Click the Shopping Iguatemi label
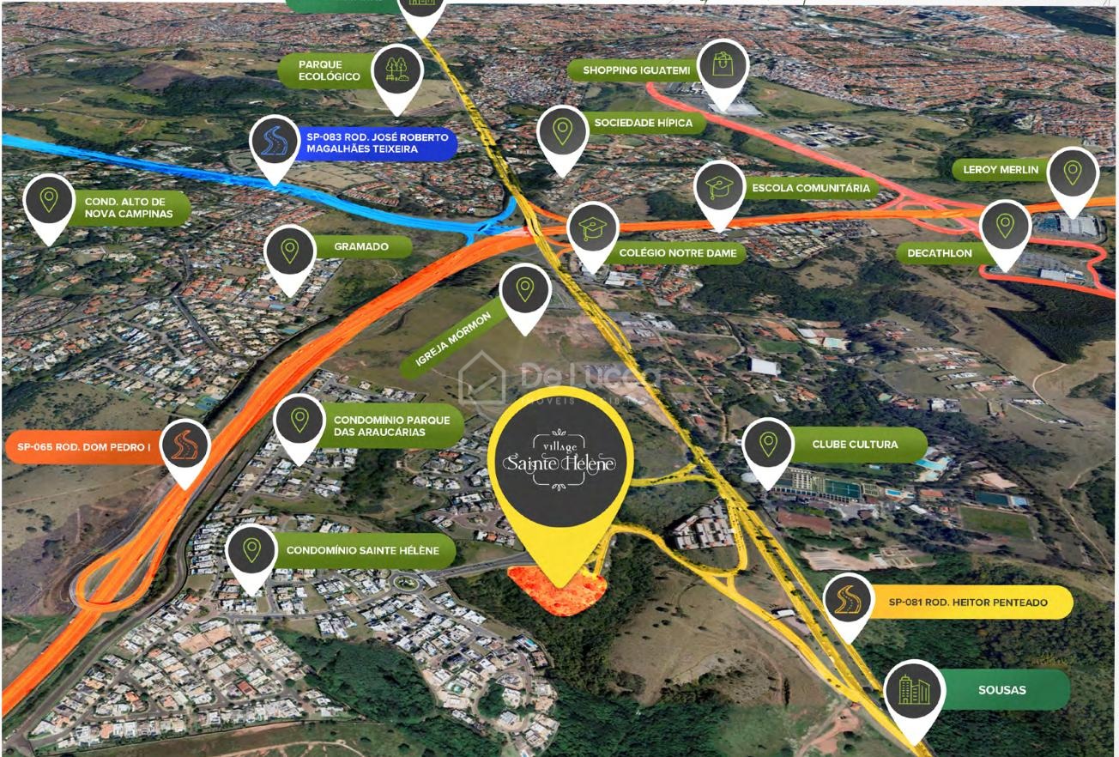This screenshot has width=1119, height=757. [635, 70]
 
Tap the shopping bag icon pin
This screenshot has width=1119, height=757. [723, 65]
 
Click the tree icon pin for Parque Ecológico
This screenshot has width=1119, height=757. [397, 69]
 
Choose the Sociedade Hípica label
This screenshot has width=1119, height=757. [643, 123]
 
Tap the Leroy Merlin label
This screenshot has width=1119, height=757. [1001, 170]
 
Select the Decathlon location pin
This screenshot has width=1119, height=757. [1005, 226]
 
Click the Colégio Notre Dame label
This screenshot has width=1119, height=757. [677, 254]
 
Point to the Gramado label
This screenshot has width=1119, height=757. [361, 247]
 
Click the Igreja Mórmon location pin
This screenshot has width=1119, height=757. [525, 290]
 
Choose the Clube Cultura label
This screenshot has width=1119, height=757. [855, 445]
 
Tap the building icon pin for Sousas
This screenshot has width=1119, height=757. [915, 690]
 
